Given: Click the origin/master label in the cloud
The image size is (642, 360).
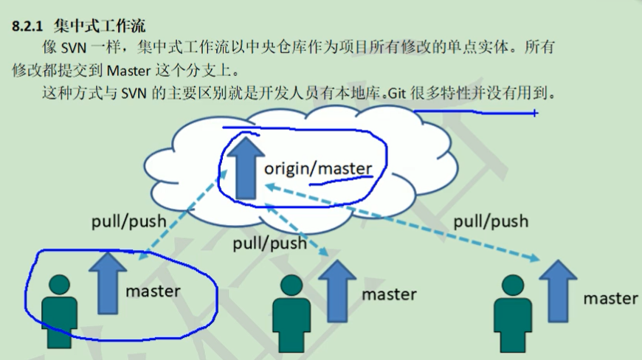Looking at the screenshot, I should [318, 169].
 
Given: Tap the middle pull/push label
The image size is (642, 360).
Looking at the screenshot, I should [269, 243].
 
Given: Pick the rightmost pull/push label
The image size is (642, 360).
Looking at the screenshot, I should [491, 221].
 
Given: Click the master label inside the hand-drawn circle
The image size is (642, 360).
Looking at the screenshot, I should [153, 291].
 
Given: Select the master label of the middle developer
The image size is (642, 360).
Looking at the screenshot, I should [389, 294].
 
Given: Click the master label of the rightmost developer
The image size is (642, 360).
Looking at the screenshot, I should [610, 298].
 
